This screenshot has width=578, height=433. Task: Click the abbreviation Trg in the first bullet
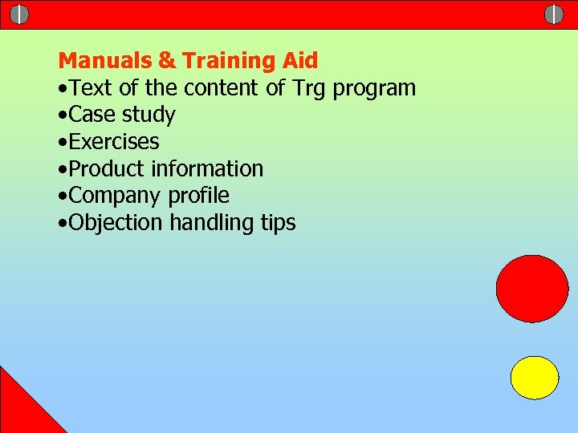pos(309,88)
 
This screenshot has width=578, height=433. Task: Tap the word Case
pos(93,115)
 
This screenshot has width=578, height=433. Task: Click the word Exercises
pos(114,142)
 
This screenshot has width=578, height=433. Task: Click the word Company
pos(116,196)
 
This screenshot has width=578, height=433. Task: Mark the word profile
pos(199,196)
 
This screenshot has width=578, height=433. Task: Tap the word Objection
pos(116,224)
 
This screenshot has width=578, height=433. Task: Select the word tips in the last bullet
pos(279,224)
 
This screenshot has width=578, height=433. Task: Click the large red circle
pos(532,289)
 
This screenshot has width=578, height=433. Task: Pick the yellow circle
pos(535,378)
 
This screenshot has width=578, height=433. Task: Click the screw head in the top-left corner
pos(19,14)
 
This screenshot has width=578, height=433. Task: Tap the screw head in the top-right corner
pos(554,14)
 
